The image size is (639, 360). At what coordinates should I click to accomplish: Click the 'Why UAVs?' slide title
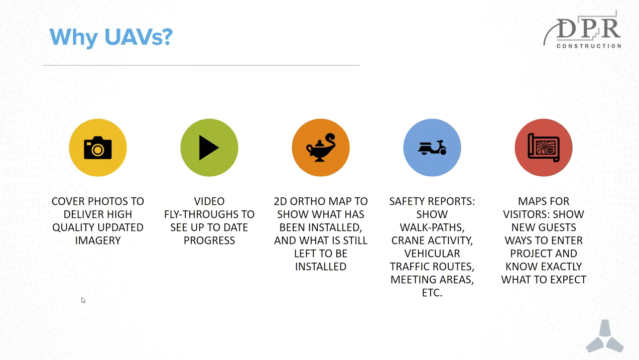click(x=111, y=37)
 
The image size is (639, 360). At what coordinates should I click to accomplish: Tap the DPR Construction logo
click(x=582, y=30)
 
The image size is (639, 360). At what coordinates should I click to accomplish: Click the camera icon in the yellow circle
click(x=98, y=148)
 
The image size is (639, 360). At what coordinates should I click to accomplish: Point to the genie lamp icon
click(x=321, y=148)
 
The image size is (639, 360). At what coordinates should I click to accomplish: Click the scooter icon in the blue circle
click(x=432, y=148)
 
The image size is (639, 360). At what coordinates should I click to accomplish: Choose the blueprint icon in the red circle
click(x=544, y=148)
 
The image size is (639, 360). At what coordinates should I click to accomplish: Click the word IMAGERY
click(x=98, y=241)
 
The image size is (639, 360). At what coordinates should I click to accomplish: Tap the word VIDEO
click(x=209, y=201)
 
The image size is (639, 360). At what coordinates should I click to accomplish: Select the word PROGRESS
click(x=209, y=241)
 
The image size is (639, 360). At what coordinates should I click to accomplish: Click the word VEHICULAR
click(x=432, y=254)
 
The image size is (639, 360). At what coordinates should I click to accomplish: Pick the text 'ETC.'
click(x=432, y=293)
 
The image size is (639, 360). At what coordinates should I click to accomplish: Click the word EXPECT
click(x=568, y=280)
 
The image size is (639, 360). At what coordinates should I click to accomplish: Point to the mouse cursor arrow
click(x=83, y=300)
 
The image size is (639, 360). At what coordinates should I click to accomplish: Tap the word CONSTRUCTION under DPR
click(x=589, y=46)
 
